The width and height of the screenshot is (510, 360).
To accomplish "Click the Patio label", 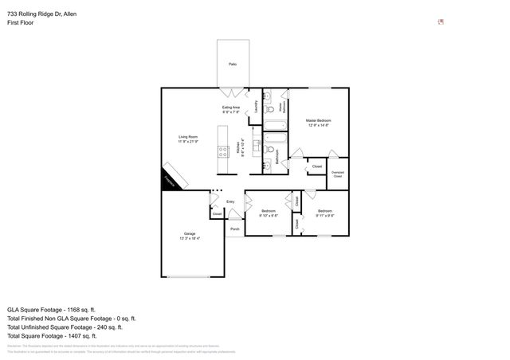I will (x=233, y=64).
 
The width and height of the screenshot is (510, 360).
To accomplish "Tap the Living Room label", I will (x=188, y=139).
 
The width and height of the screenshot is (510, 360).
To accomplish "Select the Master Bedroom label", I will (x=319, y=122).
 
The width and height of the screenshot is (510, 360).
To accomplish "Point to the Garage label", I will (x=190, y=235).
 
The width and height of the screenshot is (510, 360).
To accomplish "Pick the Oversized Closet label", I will (x=338, y=174).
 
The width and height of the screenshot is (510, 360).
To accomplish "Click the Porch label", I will (x=234, y=229).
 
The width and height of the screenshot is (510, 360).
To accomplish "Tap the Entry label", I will (x=230, y=202).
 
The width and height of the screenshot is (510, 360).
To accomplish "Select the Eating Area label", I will (x=232, y=109).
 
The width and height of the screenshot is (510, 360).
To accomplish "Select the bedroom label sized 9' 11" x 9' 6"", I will (x=324, y=213).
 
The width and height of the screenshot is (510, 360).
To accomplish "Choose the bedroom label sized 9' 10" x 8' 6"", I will (x=269, y=213).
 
